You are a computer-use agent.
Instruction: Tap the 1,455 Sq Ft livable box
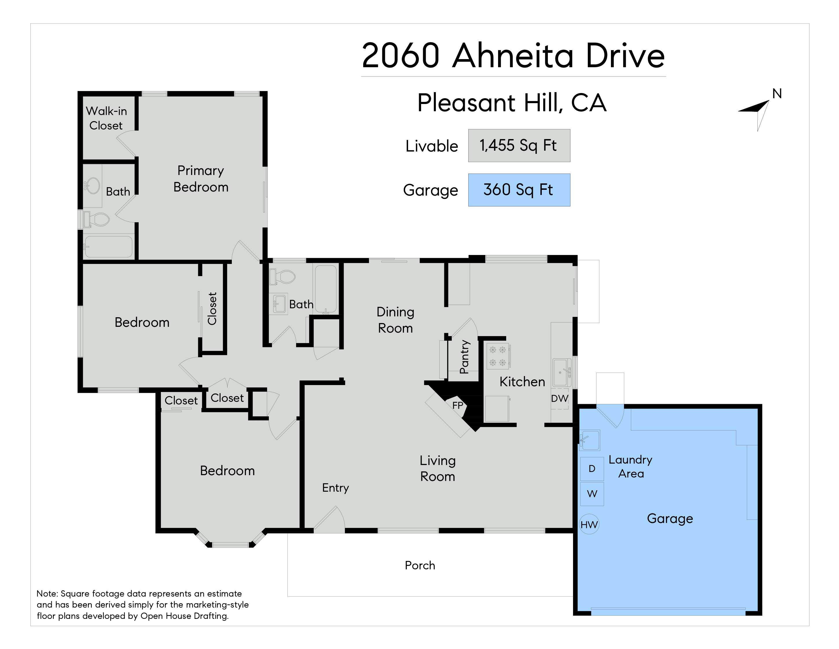coord(519,146)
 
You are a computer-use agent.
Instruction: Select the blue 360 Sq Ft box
coord(519,190)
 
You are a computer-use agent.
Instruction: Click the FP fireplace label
coord(458,405)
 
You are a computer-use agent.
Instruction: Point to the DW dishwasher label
coord(559,399)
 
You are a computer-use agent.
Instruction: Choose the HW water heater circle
coord(589,524)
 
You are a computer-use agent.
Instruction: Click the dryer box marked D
coord(592,469)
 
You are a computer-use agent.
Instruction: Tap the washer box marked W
coord(592,494)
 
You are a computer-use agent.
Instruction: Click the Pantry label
coord(464,357)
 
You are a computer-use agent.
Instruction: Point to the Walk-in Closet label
coord(106,118)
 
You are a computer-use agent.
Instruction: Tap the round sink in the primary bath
coord(91,185)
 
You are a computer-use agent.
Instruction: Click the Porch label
coord(420,566)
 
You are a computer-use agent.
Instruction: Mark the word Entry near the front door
coord(335,488)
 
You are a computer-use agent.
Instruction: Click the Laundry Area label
coord(630,466)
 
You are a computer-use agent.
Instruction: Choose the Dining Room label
coord(395,320)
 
